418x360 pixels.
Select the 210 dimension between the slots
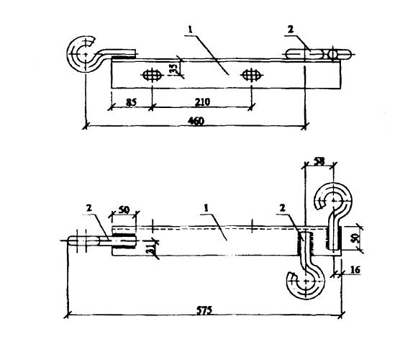pos(201,102)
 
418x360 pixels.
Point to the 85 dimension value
pos(131,102)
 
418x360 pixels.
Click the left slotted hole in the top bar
pos(153,74)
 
